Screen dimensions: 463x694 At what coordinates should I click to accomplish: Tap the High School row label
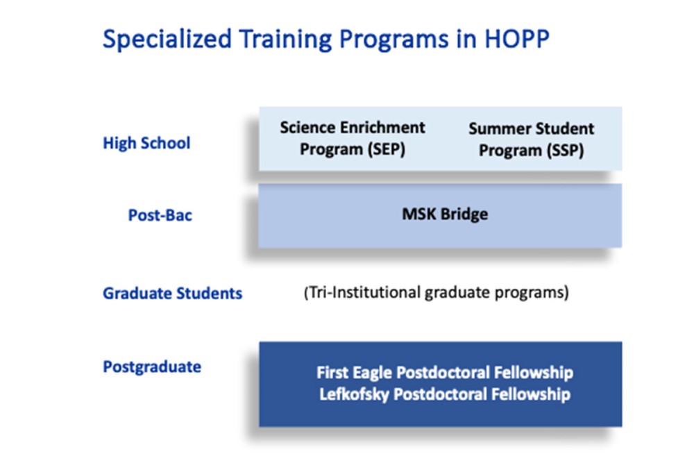coord(146,144)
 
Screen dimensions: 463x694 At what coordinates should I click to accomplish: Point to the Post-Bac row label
coord(160,215)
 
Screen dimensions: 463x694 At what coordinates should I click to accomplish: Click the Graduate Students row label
coord(173,294)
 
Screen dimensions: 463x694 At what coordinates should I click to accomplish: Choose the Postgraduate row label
coord(152,367)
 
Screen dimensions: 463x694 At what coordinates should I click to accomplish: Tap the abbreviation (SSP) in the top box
coord(561,151)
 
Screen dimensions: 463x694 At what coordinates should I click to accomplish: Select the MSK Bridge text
coord(445,214)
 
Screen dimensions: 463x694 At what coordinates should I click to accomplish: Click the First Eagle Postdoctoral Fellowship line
coord(445,373)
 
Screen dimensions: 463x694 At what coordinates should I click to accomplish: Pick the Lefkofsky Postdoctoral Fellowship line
coord(445,395)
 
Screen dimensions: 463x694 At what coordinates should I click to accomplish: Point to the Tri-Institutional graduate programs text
coord(436,293)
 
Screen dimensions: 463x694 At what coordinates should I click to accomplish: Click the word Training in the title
coord(279,40)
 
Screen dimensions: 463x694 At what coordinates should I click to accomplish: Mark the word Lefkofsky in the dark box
coord(355,395)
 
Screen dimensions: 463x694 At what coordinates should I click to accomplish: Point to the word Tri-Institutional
coord(361,293)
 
